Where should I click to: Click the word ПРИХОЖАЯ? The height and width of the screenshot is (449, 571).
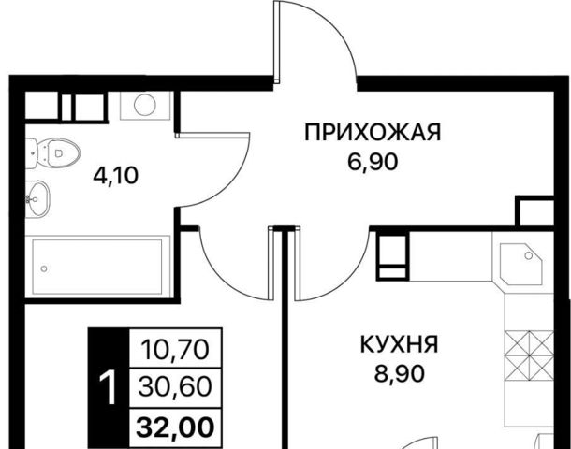coord(373,132)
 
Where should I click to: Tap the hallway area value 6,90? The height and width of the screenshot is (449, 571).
coord(373,162)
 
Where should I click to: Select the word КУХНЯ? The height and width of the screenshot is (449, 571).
coord(400,344)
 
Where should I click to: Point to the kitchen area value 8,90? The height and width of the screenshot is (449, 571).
coord(400,373)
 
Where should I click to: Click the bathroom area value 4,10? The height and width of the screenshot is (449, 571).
coord(116,176)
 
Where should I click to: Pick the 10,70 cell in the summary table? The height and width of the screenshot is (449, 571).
coord(175,349)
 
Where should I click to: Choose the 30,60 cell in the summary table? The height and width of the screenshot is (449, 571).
coord(175,386)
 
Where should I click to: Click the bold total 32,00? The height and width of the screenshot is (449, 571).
coord(175,427)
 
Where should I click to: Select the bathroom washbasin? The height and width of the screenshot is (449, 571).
coord(37,198)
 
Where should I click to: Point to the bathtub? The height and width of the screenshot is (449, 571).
coord(97,267)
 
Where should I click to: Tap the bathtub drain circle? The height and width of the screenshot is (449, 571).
coord(44,268)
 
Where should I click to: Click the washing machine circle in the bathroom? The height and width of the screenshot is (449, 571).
coord(145,105)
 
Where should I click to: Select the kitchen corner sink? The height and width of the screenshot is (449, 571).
coord(521,263)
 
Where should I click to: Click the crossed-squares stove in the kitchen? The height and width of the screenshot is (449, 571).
coord(528,355)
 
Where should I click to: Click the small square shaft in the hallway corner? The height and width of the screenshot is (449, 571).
coord(534,212)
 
